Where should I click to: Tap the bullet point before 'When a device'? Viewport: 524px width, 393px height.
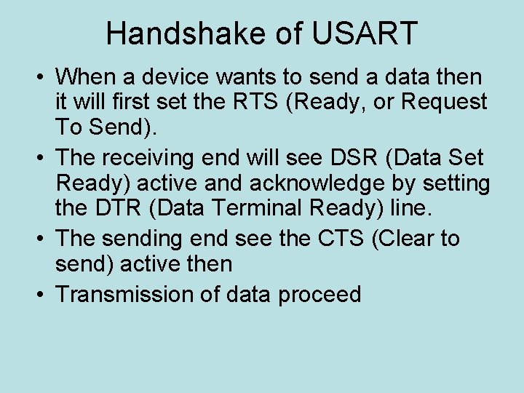click(41, 76)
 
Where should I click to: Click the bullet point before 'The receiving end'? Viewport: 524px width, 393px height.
click(41, 157)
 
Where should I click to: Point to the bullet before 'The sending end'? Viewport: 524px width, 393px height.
click(41, 239)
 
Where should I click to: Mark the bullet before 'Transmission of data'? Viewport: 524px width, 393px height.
click(41, 294)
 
